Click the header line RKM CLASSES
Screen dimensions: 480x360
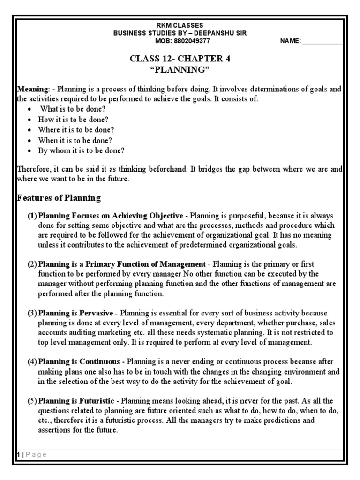[x=180, y=25]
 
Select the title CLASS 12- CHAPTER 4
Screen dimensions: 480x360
[x=180, y=59]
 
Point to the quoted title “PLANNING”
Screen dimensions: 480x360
[x=180, y=69]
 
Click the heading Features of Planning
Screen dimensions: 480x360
[x=59, y=198]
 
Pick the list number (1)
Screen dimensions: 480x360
[x=32, y=216]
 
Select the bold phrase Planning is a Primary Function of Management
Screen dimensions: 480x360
[x=121, y=264]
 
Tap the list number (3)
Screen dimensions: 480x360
[x=32, y=313]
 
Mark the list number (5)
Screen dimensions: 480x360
[x=32, y=401]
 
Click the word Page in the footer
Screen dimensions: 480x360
[x=36, y=454]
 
